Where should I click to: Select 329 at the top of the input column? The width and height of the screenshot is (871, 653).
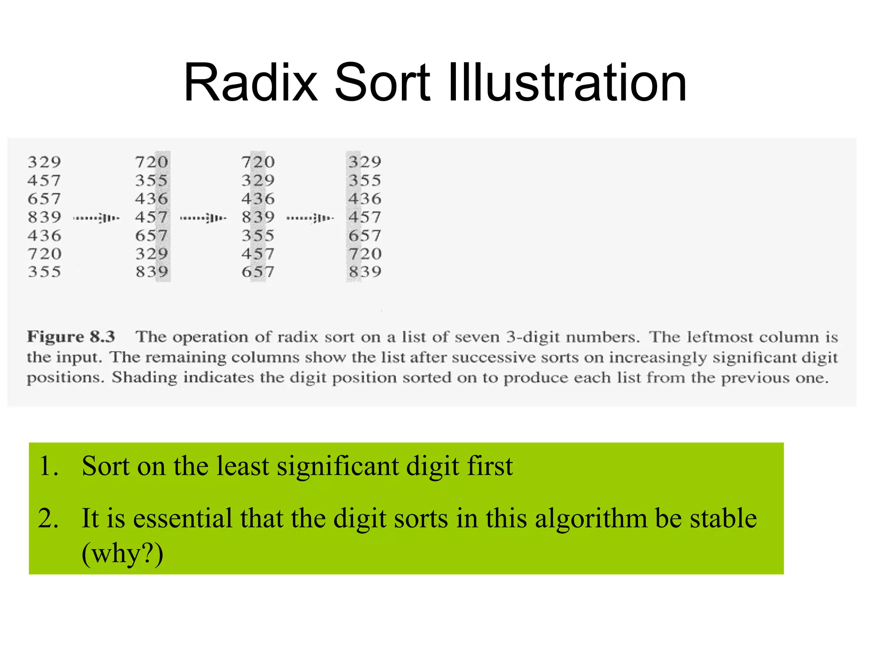coord(44,162)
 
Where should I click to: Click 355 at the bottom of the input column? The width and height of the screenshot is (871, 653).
coord(44,272)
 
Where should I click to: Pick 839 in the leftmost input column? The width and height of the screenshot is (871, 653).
coord(44,217)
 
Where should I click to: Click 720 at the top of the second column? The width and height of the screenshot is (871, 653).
coord(151,162)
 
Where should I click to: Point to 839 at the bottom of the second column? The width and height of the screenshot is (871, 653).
coord(151,272)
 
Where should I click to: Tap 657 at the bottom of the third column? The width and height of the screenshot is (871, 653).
coord(258,272)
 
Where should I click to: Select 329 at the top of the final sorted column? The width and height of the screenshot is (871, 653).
coord(364,162)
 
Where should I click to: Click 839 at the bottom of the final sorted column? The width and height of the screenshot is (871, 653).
coord(364,272)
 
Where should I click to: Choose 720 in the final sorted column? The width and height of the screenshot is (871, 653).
coord(364,254)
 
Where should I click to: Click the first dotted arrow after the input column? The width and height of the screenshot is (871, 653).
coord(97,219)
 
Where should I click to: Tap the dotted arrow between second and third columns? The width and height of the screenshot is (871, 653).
coord(203,219)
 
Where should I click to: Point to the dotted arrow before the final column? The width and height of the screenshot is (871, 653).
coord(310,219)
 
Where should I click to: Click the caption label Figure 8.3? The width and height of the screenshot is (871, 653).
coord(71,337)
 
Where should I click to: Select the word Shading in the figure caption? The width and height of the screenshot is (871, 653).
coord(145,378)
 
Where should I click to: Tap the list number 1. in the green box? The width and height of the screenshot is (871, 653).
coord(48,466)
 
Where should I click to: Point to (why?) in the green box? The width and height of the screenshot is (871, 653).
coord(122,554)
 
